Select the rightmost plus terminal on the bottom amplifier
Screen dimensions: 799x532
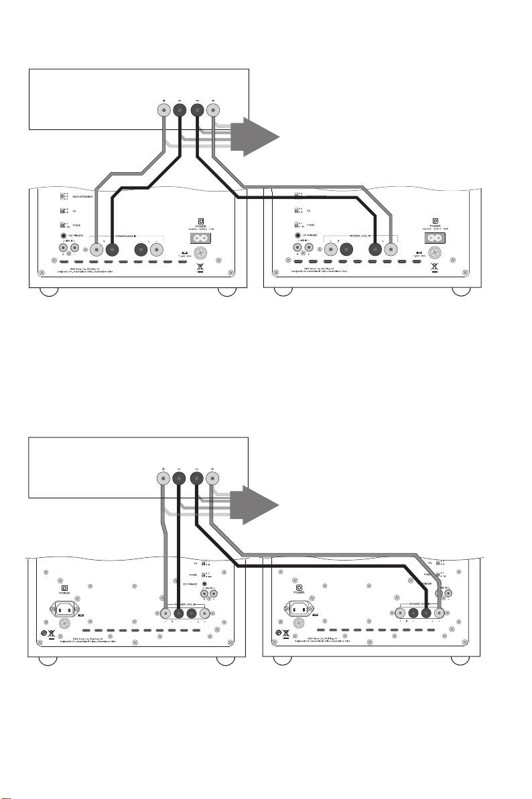tap(212, 478)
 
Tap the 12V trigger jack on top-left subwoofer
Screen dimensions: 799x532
tap(65, 236)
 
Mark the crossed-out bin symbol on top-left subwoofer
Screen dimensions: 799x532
tap(198, 269)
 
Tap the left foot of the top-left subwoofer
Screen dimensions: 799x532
tap(48, 292)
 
